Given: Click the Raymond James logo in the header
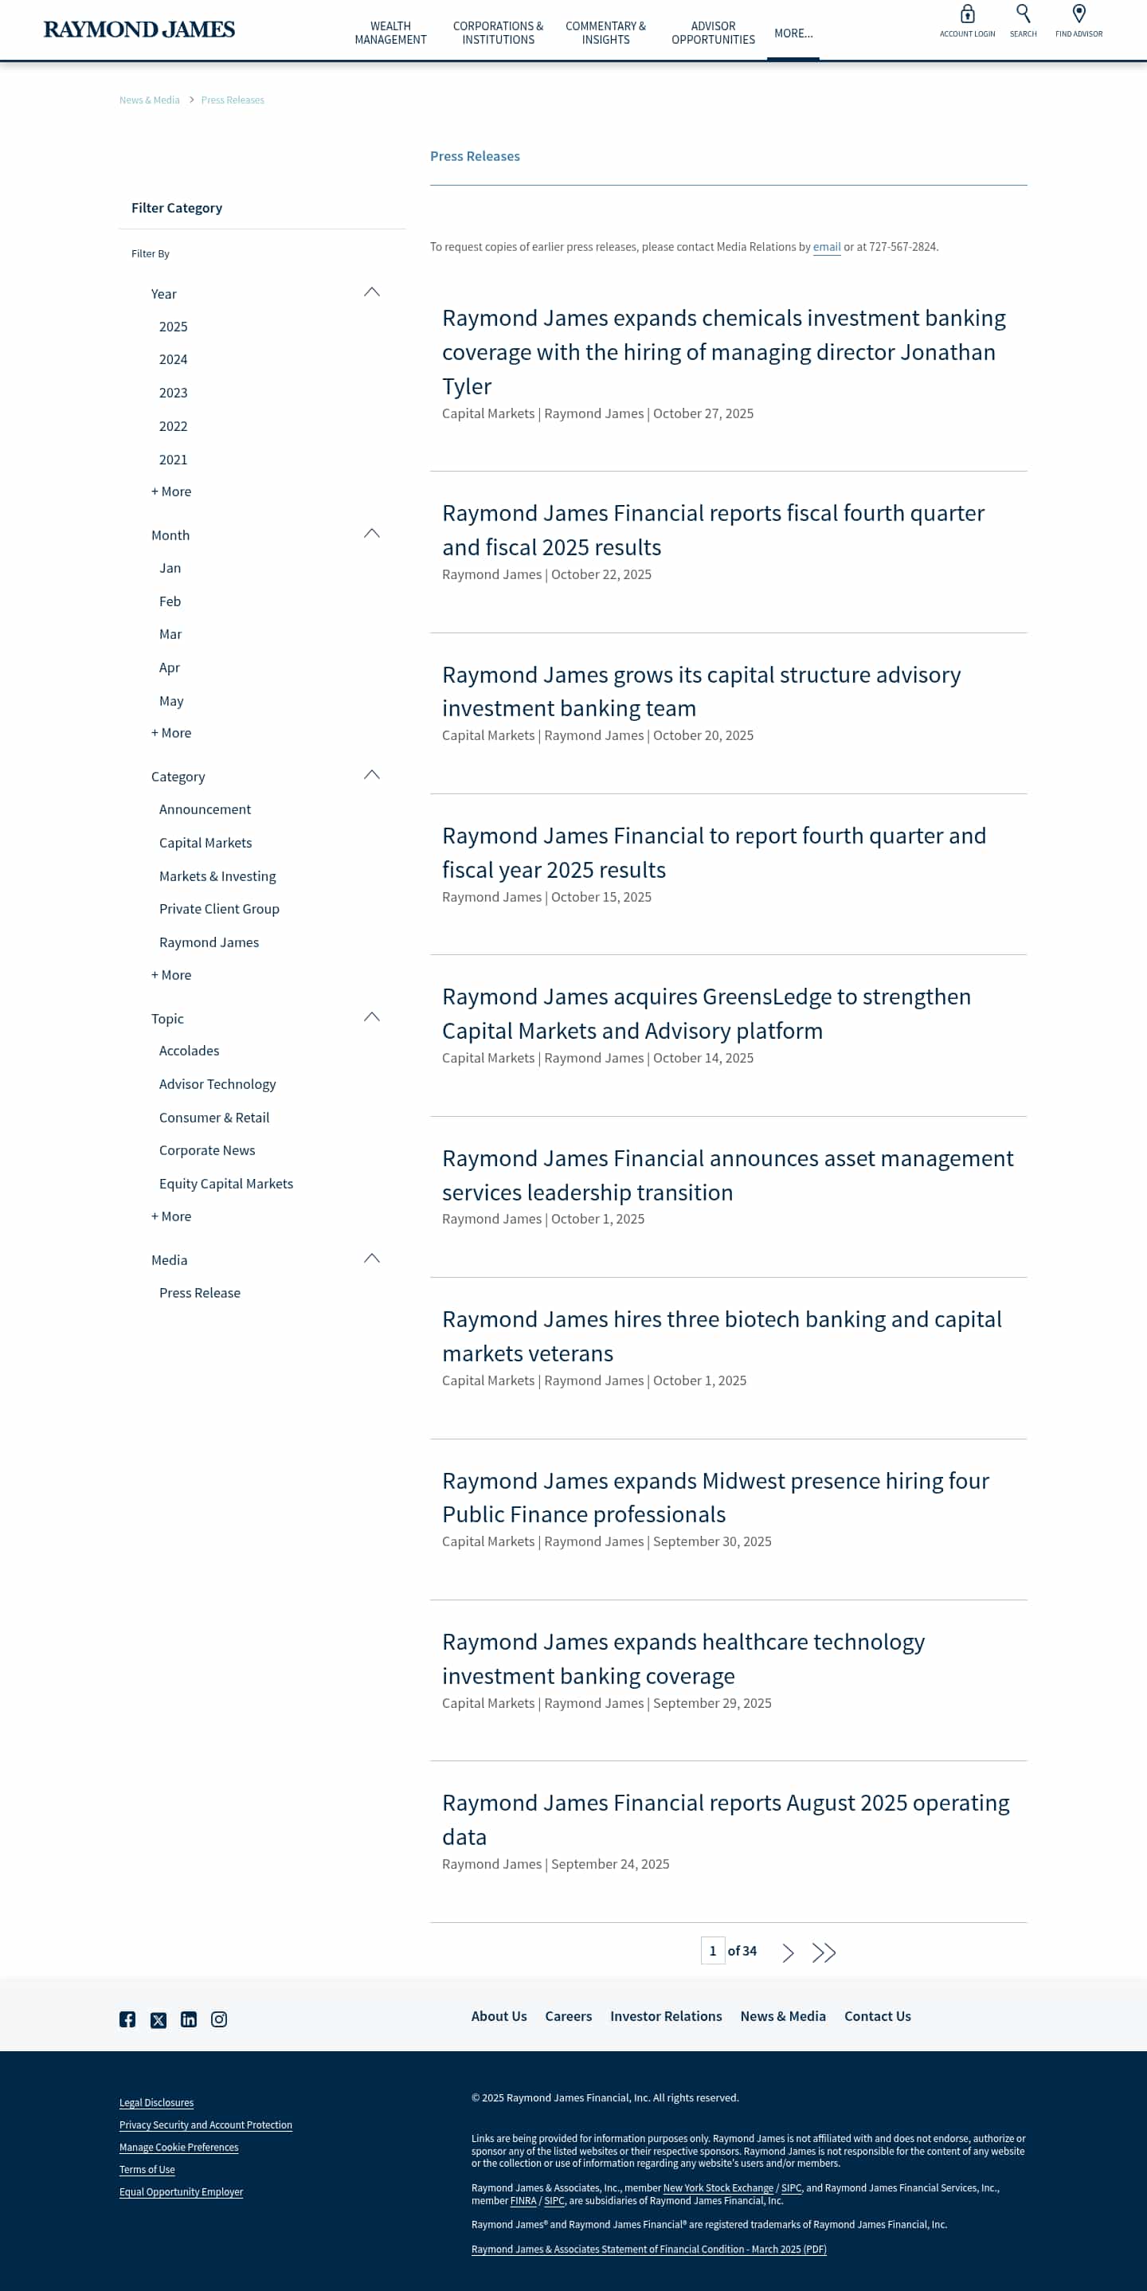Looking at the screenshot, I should pyautogui.click(x=139, y=29).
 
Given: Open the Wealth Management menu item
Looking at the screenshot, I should pyautogui.click(x=390, y=33).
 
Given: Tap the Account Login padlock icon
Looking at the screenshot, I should pyautogui.click(x=966, y=14).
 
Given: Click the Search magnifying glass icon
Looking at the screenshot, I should pyautogui.click(x=1023, y=14).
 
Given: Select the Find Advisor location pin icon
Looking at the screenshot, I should pyautogui.click(x=1078, y=14).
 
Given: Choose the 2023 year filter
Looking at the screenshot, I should pyautogui.click(x=174, y=392).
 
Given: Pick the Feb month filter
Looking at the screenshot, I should pyautogui.click(x=170, y=601).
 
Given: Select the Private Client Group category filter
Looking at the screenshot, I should pyautogui.click(x=219, y=908).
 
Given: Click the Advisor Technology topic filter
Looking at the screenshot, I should pyautogui.click(x=217, y=1083).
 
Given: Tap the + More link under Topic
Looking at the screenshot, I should pyautogui.click(x=170, y=1216).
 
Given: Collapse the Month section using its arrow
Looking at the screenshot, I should pyautogui.click(x=372, y=534).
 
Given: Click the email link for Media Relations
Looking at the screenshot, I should pyautogui.click(x=826, y=247).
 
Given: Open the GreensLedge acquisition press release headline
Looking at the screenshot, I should pyautogui.click(x=706, y=1013).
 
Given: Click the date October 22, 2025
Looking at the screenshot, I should pyautogui.click(x=601, y=574).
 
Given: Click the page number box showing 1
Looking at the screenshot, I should pyautogui.click(x=712, y=1950).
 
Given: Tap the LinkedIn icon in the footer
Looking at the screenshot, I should pyautogui.click(x=189, y=2019).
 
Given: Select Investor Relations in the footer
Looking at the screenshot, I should pyautogui.click(x=665, y=2016).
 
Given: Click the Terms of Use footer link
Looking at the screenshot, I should pyautogui.click(x=147, y=2169).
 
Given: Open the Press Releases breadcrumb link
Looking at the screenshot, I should pyautogui.click(x=232, y=100).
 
